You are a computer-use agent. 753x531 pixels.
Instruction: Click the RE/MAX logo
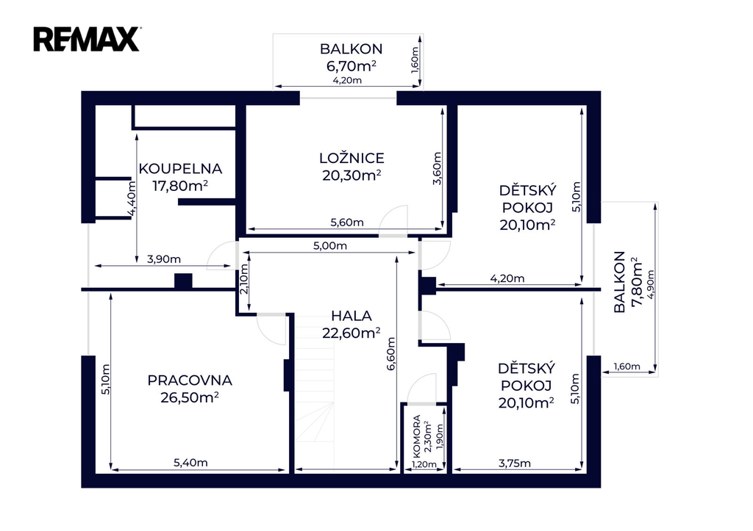point(87,40)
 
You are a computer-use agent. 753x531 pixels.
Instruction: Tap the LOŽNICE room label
point(351,159)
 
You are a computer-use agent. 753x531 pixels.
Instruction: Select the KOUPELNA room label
point(180,169)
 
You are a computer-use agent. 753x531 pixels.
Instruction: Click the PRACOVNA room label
point(190,380)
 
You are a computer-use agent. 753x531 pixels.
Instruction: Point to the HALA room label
point(351,316)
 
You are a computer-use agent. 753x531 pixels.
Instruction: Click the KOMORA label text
point(416,436)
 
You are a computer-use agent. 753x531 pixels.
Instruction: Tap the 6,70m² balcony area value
point(351,65)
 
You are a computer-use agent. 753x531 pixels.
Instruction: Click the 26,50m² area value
point(190,397)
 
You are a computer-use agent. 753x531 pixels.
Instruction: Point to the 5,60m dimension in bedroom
point(347,223)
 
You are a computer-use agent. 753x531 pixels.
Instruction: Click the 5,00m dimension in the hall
point(330,246)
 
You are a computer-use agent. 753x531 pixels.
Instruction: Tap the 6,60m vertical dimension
point(391,353)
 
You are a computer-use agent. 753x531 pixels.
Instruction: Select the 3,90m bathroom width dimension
point(164,259)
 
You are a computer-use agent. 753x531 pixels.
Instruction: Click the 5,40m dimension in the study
point(190,463)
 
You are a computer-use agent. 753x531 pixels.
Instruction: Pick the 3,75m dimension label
point(514,463)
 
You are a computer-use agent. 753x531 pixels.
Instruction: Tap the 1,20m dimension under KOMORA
point(424,464)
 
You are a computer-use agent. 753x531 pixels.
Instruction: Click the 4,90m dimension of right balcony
point(651,284)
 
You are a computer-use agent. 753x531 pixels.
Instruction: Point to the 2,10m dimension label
point(244,279)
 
